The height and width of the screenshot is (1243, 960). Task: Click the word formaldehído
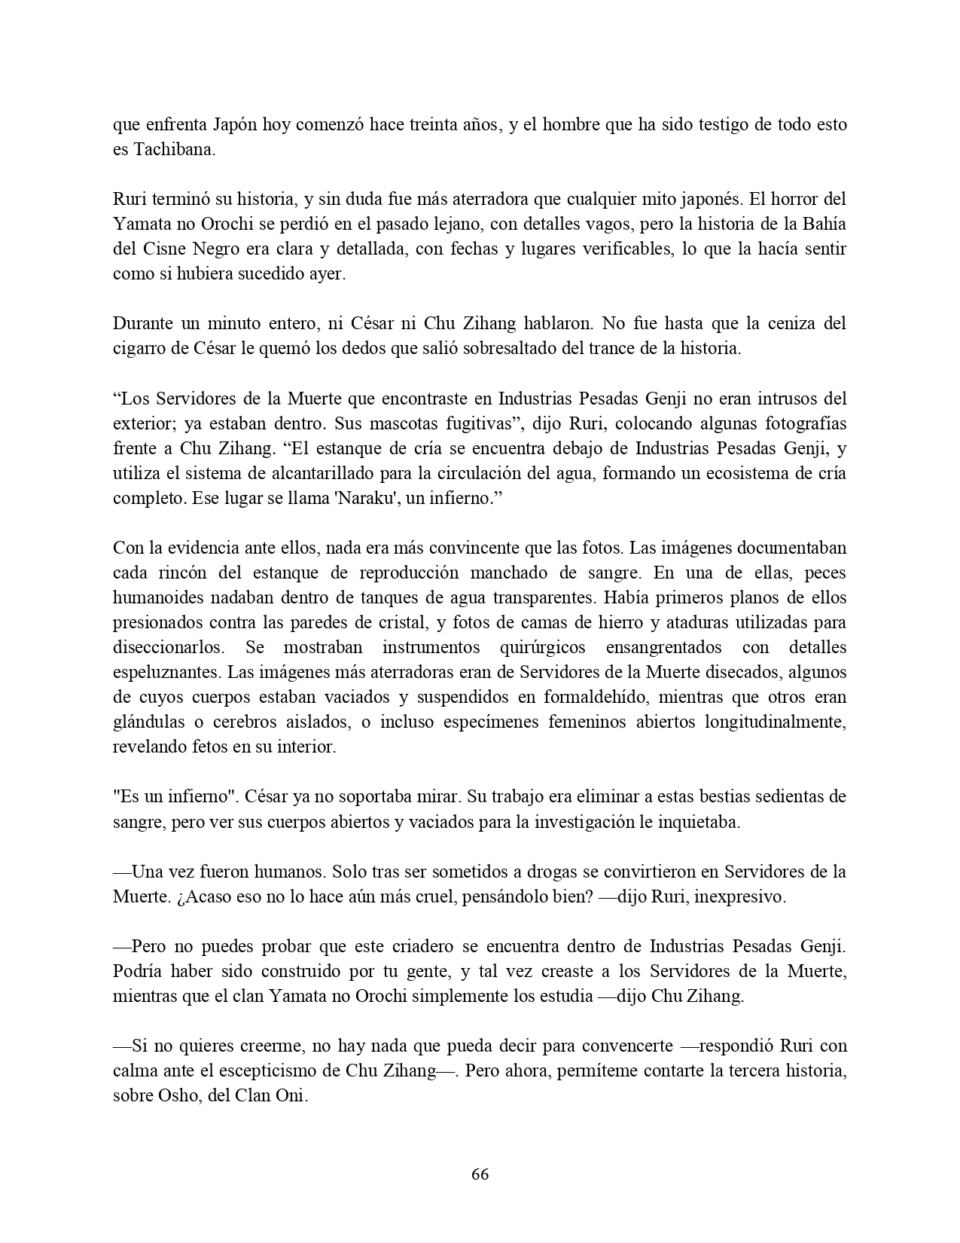coord(578,696)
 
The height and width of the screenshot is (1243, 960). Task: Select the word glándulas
coord(148,721)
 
